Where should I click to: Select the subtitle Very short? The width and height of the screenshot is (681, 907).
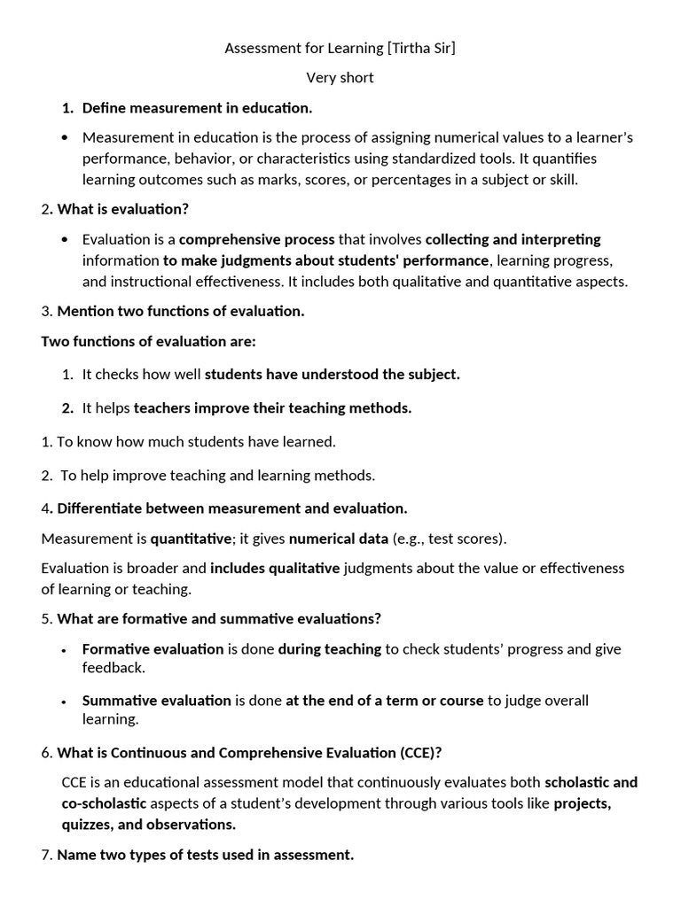pyautogui.click(x=340, y=77)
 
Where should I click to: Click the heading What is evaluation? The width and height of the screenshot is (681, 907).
pyautogui.click(x=123, y=210)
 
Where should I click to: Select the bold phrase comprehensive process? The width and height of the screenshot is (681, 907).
pyautogui.click(x=257, y=239)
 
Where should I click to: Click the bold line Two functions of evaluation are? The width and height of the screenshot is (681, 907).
pyautogui.click(x=148, y=342)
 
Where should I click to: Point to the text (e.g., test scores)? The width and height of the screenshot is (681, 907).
pyautogui.click(x=450, y=539)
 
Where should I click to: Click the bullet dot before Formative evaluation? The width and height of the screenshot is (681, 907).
pyautogui.click(x=65, y=650)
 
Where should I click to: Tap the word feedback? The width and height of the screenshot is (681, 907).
pyautogui.click(x=113, y=667)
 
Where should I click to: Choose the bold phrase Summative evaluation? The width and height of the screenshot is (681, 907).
pyautogui.click(x=156, y=701)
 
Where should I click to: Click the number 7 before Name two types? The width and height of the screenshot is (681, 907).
pyautogui.click(x=46, y=855)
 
